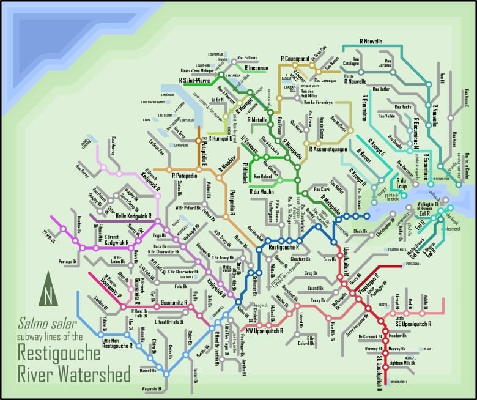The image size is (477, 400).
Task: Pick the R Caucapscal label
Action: tap(296, 59)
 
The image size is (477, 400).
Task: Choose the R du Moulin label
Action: tap(265, 192)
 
